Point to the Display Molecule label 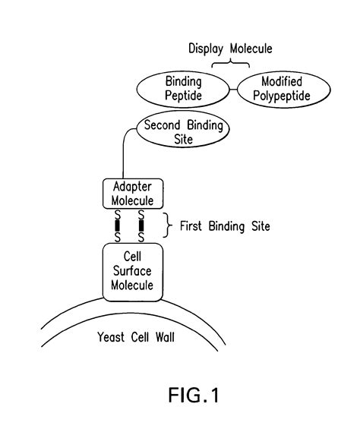tap(230, 49)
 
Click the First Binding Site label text tap(225, 226)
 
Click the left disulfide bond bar tap(118, 226)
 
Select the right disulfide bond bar tap(141, 226)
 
